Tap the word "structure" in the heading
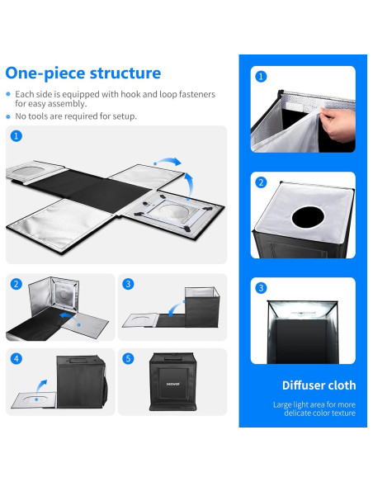[x=124, y=73]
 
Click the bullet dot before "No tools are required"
[x=9, y=116]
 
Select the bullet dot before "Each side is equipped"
[x=9, y=95]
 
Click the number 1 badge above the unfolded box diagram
[x=17, y=136]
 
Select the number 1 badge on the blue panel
[x=262, y=77]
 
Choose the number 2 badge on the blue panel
[x=262, y=182]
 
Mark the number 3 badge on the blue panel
[x=262, y=288]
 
